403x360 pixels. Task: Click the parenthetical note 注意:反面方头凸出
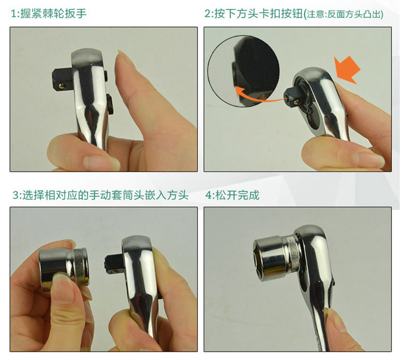click(344, 14)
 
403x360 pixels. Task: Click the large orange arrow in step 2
click(348, 70)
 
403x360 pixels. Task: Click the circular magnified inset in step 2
click(243, 71)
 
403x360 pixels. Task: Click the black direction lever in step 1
click(110, 104)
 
